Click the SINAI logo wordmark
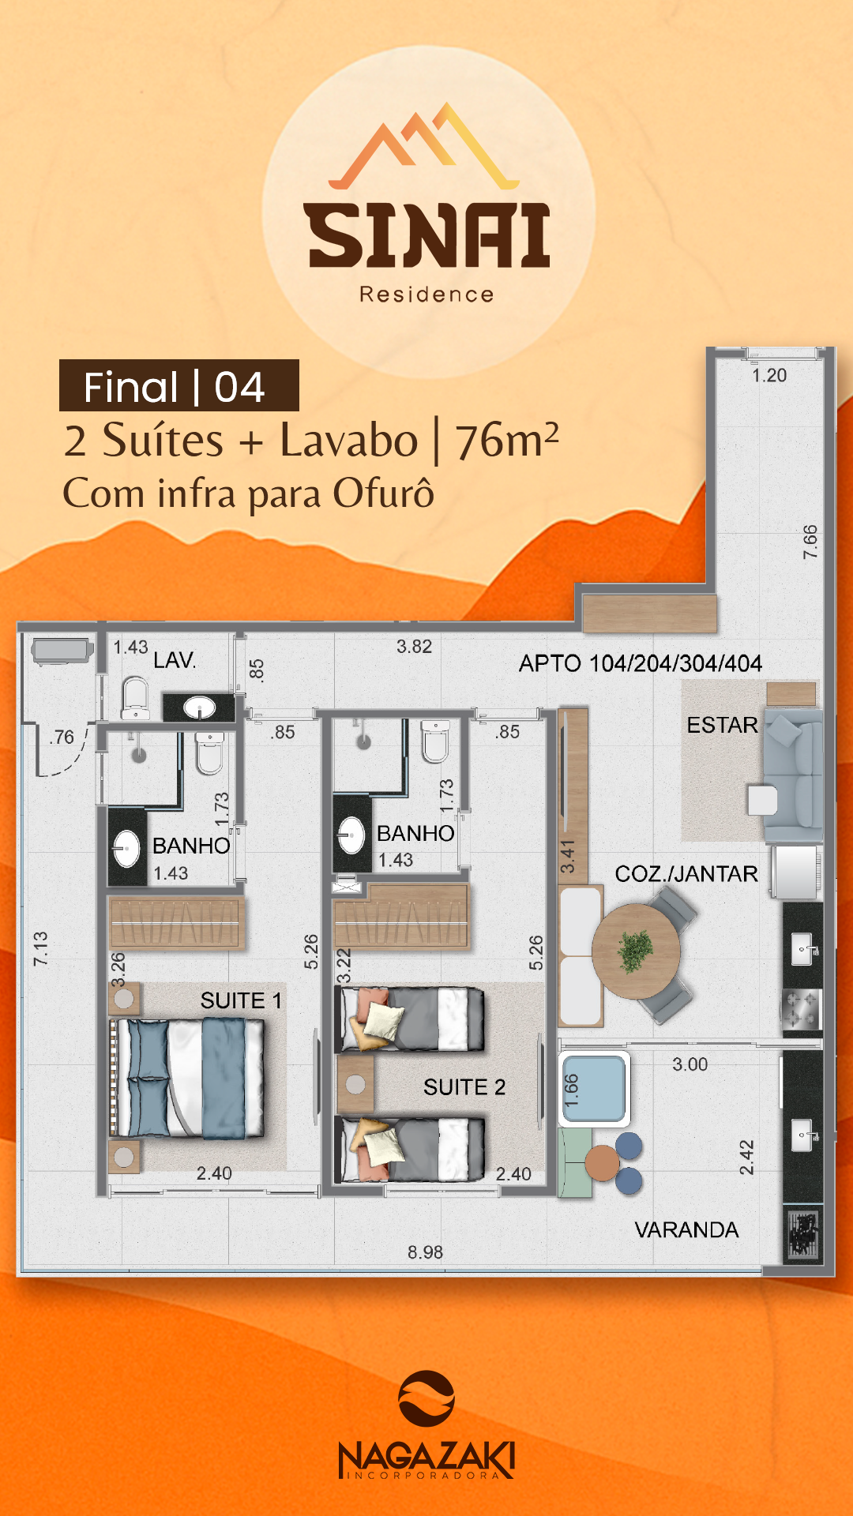coord(427,235)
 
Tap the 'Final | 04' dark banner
coord(178,386)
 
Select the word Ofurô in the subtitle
coord(383,493)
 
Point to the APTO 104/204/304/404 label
coord(640,663)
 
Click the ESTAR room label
coord(722,725)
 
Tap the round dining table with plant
coord(635,951)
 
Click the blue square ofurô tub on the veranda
coord(594,1089)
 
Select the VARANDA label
coord(686,1229)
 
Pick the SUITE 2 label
coord(464,1087)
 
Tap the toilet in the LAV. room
coord(135,698)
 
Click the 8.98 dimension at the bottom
coord(425,1252)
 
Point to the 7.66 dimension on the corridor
coord(810,542)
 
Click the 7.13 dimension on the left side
coord(40,948)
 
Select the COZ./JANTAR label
coord(686,873)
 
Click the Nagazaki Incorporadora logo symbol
coord(426,1398)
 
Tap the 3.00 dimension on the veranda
coord(690,1064)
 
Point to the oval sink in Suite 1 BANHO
coord(127,848)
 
